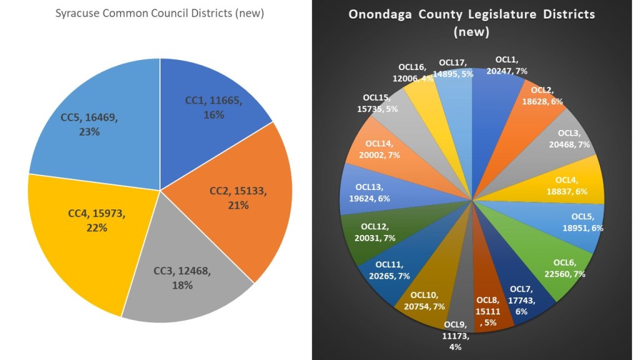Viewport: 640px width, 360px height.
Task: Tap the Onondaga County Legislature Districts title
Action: (x=472, y=22)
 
